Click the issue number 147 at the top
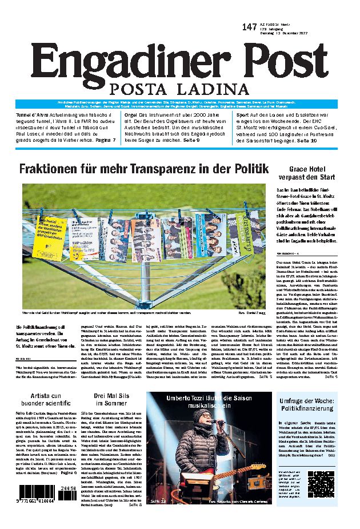(x=249, y=27)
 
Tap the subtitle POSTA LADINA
(x=180, y=89)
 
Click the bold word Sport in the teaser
(x=243, y=114)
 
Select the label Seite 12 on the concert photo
(x=158, y=501)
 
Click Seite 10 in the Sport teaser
(x=306, y=140)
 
